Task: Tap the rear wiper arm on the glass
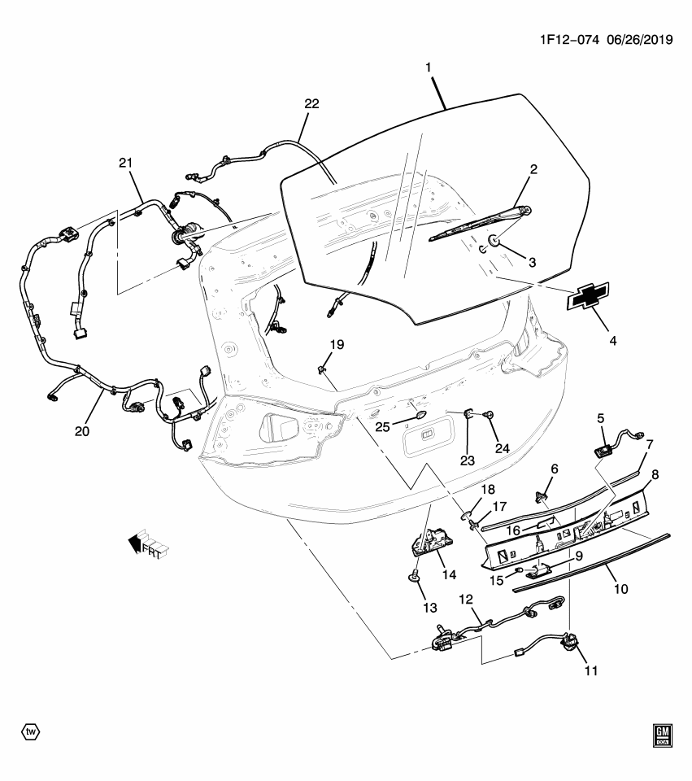pos(480,225)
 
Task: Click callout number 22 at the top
pos(311,104)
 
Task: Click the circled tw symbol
pos(30,731)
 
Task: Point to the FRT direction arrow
pos(146,547)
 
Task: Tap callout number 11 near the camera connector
pos(590,671)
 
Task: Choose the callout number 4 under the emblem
pos(612,342)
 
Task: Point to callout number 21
pos(125,164)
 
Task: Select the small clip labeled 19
pos(322,370)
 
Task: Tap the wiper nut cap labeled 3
pos(495,242)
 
